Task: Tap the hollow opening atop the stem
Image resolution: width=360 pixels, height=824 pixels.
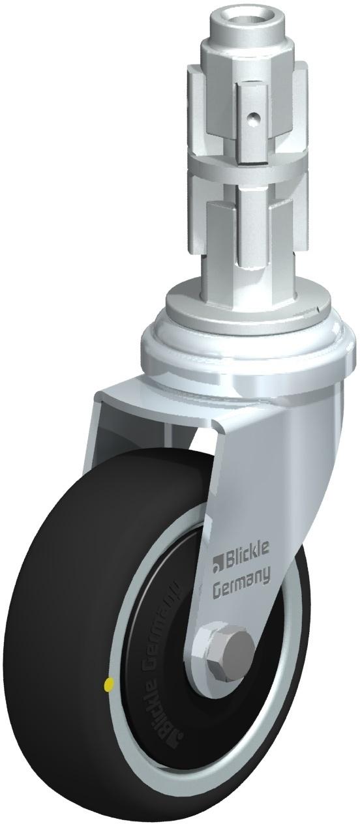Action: click(247, 18)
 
